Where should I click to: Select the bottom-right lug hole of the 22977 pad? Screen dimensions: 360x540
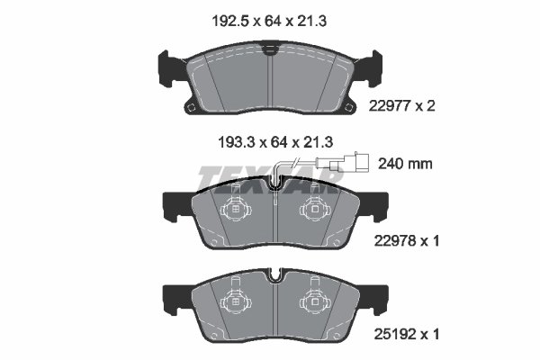pos(348,109)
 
